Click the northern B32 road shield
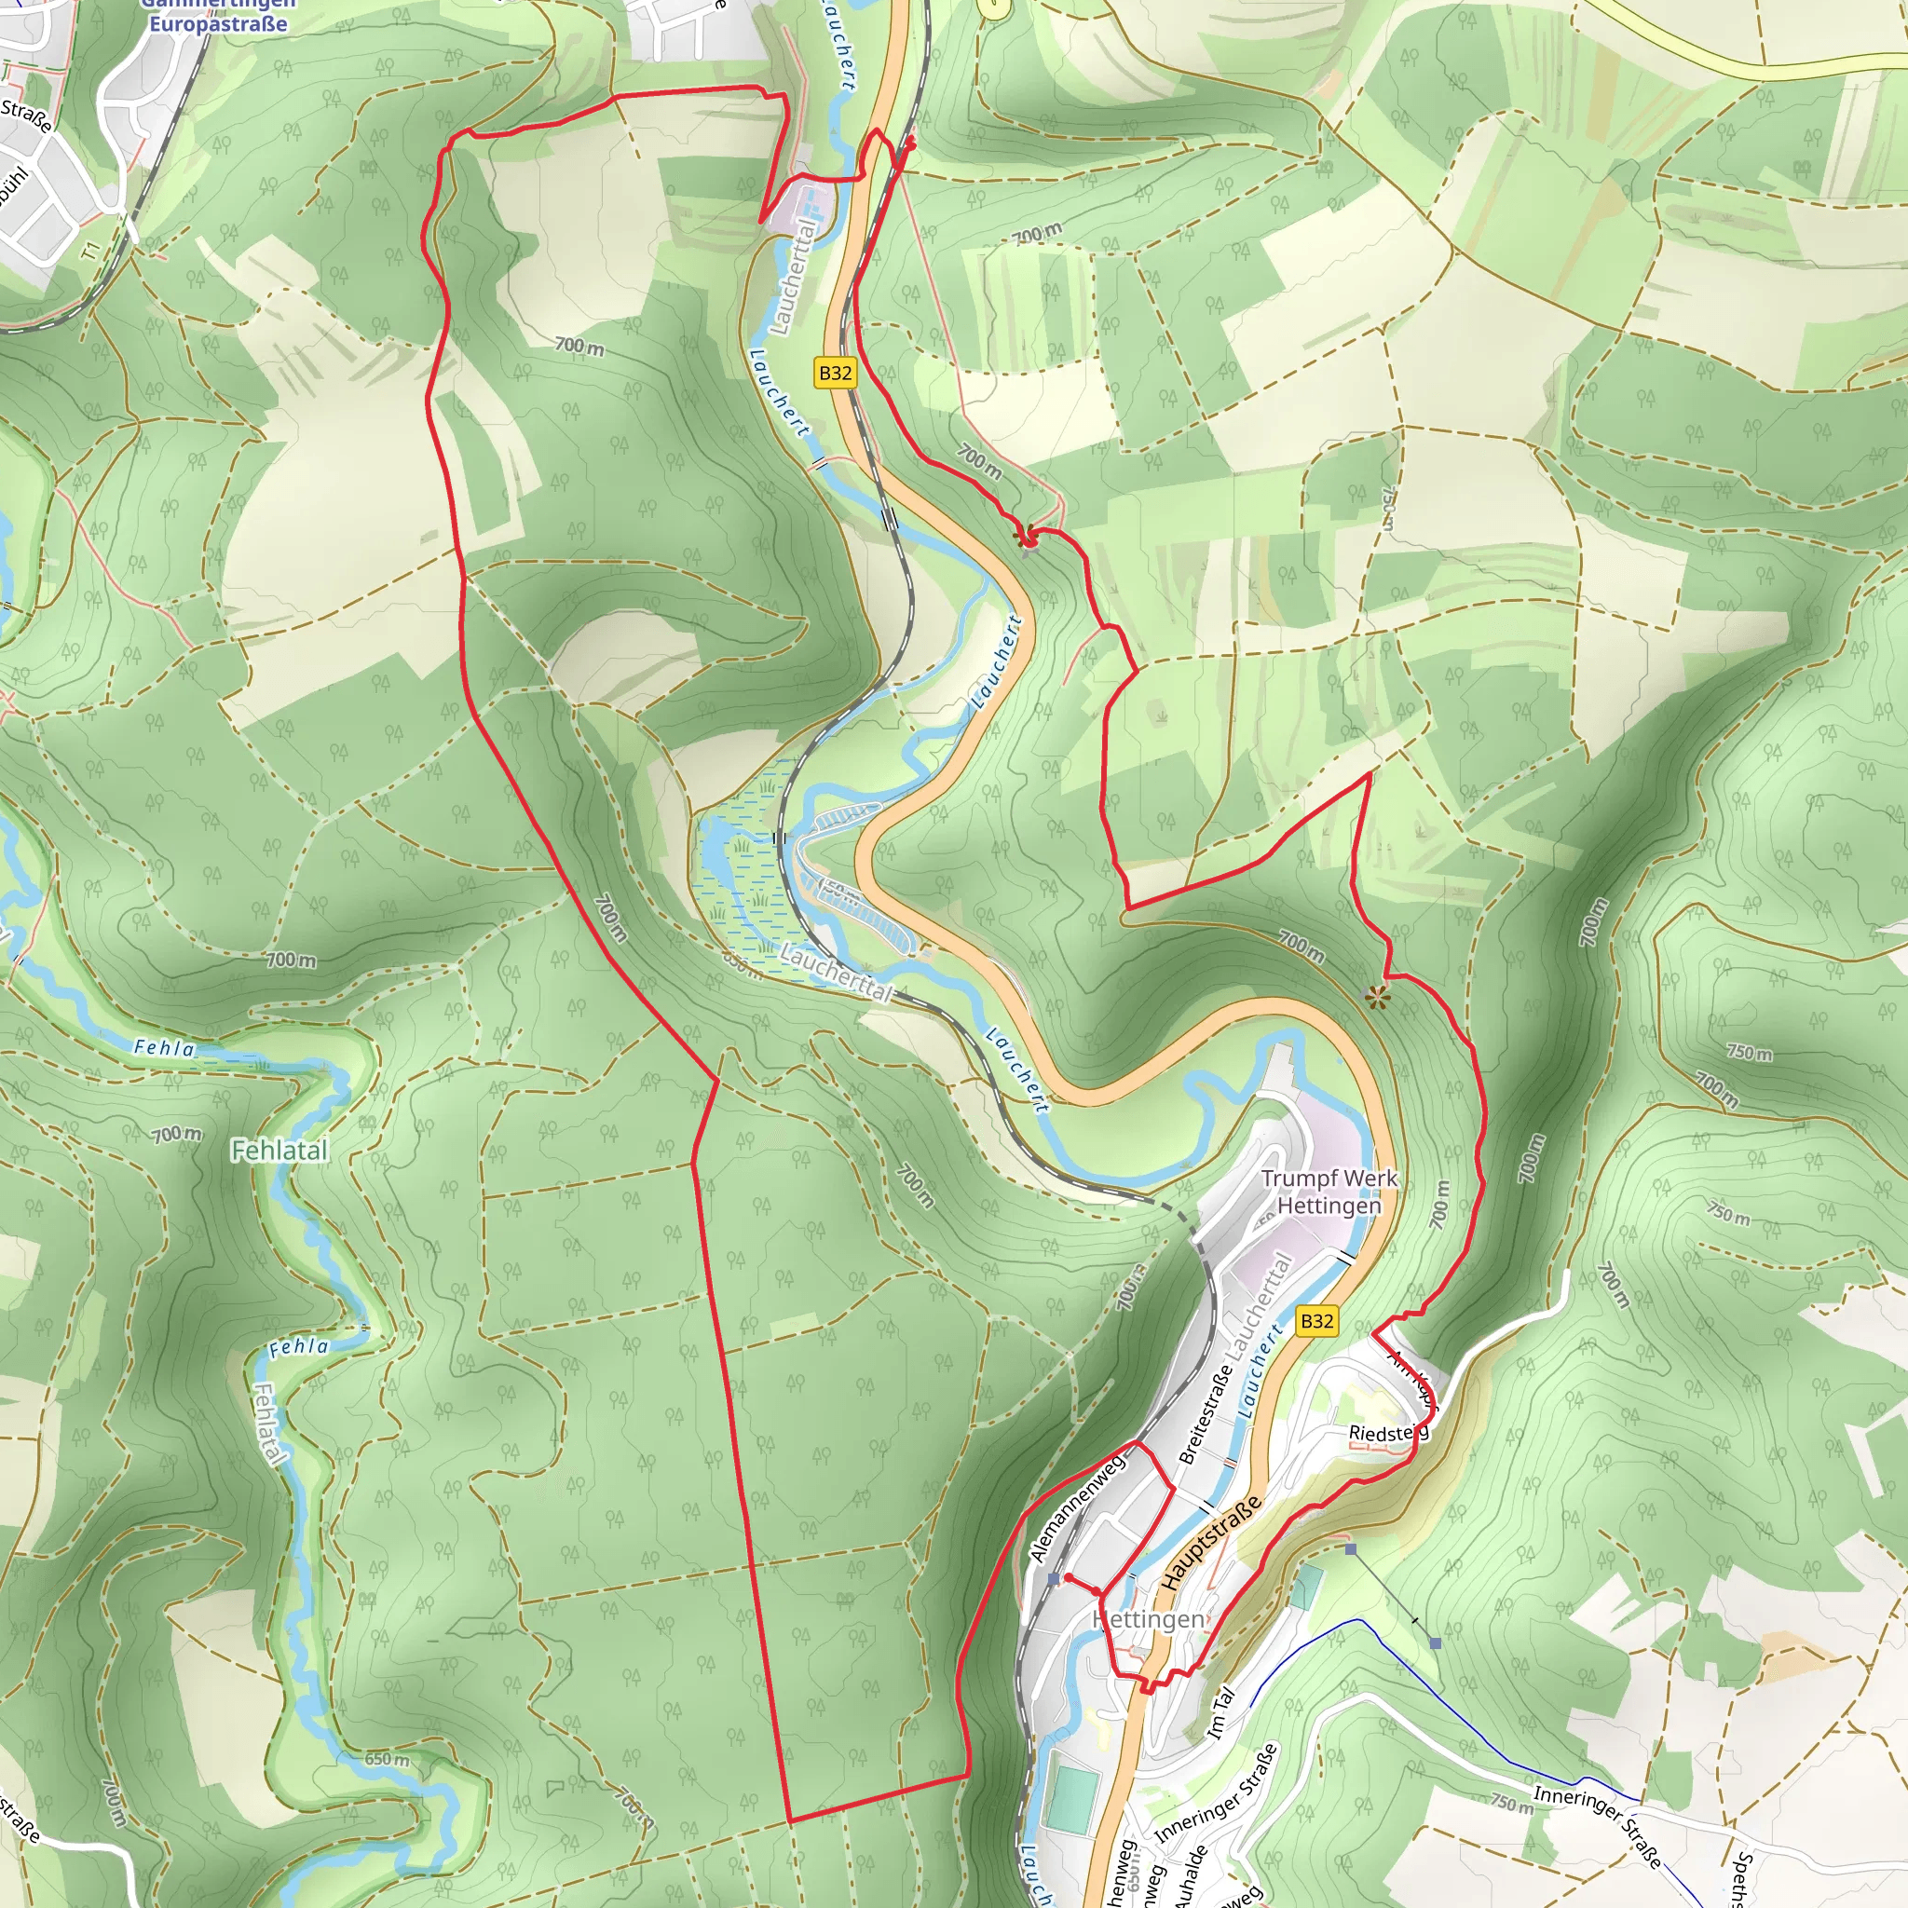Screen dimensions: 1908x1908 (835, 374)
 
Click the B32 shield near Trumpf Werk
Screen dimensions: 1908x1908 (1317, 1320)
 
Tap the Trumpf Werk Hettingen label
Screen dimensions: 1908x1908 (1329, 1192)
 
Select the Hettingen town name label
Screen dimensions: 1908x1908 (1149, 1619)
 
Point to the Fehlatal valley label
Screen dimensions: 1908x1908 (279, 1151)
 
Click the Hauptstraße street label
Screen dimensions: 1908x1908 (1211, 1543)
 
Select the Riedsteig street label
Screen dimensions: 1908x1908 (1387, 1433)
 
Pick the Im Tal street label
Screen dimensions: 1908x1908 (1220, 1712)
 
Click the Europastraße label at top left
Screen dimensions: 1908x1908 (218, 23)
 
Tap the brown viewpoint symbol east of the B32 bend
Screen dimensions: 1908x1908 (1377, 999)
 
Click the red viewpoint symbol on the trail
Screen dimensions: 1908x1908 (1025, 537)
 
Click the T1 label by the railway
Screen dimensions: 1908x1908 (92, 251)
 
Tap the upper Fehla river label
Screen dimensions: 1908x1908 (165, 1048)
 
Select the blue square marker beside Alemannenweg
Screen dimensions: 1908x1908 (1054, 1580)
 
